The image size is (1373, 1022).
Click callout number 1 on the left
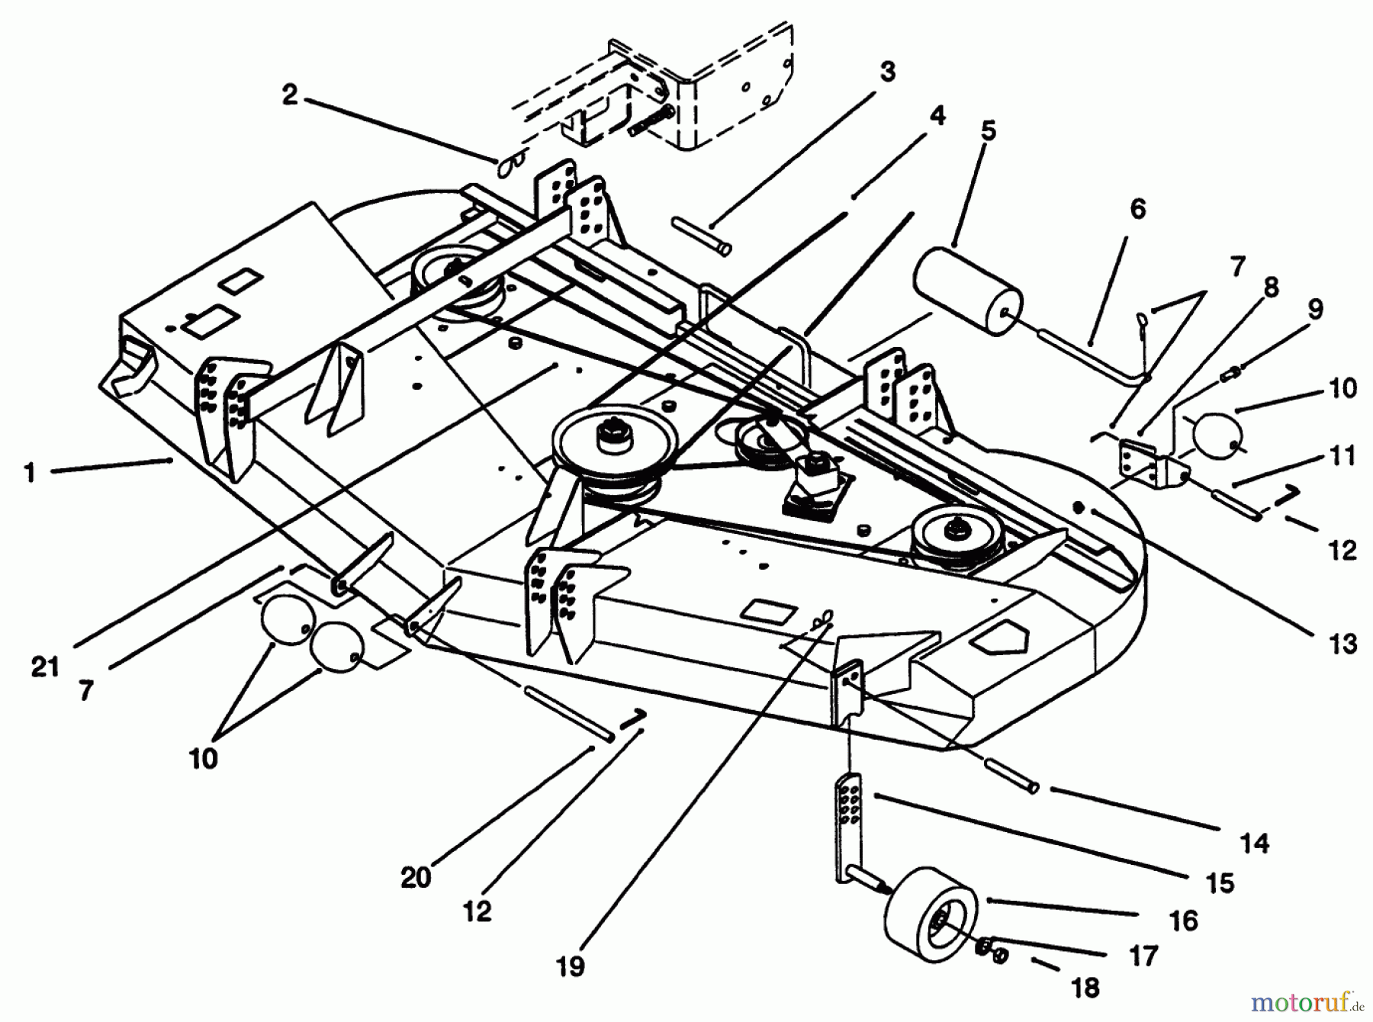tap(30, 473)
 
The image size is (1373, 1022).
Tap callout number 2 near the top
tap(290, 95)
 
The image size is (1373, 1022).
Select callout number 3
tap(886, 72)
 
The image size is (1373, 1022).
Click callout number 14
tap(1255, 843)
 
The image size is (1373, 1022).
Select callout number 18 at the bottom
tap(1085, 988)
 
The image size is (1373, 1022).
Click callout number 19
tap(571, 966)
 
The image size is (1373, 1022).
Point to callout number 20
tap(416, 878)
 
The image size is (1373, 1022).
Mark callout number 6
tap(1137, 208)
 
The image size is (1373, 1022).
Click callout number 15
tap(1220, 882)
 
